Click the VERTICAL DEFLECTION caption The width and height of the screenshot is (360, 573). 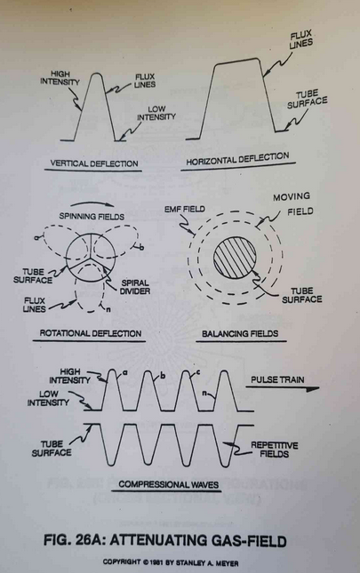point(94,163)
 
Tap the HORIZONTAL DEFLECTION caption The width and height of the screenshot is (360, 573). point(237,159)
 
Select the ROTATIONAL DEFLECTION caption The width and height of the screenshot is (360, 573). point(91,333)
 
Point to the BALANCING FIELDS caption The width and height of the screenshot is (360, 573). point(240,334)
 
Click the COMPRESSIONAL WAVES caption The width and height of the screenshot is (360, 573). point(169,484)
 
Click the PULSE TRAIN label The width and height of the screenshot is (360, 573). point(277,379)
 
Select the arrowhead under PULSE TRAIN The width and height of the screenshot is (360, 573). point(312,389)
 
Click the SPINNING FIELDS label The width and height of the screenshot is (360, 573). point(92,217)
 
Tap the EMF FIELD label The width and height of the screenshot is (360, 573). point(185,210)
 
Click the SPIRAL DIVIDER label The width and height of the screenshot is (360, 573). point(135,287)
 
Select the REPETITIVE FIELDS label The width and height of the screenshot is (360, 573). point(274,450)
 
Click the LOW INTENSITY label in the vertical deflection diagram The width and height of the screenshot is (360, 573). point(156,113)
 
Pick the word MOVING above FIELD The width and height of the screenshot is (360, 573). point(292,196)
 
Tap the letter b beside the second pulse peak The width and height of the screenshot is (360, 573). point(163,375)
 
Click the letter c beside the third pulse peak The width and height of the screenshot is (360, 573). point(197,373)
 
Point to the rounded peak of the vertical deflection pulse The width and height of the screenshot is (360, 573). point(96,74)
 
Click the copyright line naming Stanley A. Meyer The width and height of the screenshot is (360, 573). point(171,562)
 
